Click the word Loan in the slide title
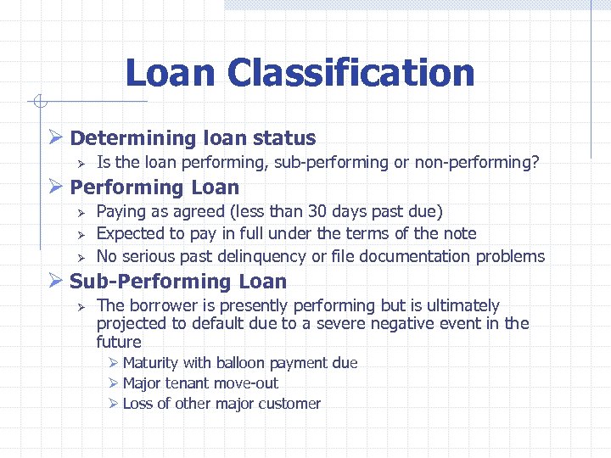pyautogui.click(x=171, y=73)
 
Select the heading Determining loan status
pyautogui.click(x=193, y=138)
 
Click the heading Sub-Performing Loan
pyautogui.click(x=178, y=282)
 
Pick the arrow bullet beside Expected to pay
pyautogui.click(x=81, y=234)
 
